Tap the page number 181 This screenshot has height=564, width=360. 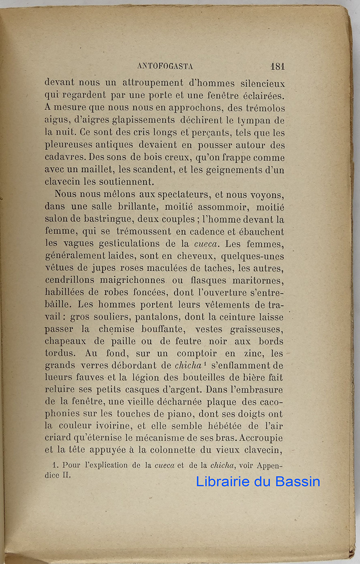pyautogui.click(x=277, y=66)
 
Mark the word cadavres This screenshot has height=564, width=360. pyautogui.click(x=65, y=157)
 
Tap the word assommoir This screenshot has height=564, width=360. pyautogui.click(x=206, y=206)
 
